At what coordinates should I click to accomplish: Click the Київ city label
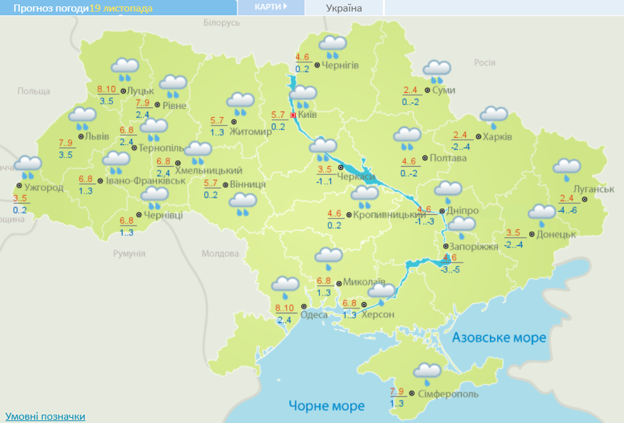click(308, 115)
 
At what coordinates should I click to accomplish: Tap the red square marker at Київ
click(293, 115)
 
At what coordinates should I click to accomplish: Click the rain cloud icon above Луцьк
click(125, 67)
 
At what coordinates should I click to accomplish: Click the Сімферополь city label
click(442, 394)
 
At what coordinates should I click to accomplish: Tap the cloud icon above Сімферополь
click(427, 372)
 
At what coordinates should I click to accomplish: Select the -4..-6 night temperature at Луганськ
click(568, 210)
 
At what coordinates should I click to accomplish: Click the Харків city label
click(498, 137)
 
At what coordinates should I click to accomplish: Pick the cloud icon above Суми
click(437, 70)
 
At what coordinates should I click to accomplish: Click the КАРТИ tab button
click(269, 6)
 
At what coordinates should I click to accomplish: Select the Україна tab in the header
click(344, 8)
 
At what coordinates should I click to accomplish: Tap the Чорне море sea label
click(326, 406)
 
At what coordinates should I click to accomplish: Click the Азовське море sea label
click(499, 337)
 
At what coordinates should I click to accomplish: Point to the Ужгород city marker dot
click(19, 187)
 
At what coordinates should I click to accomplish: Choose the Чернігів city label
click(340, 65)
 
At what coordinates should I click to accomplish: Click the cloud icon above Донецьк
click(541, 213)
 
